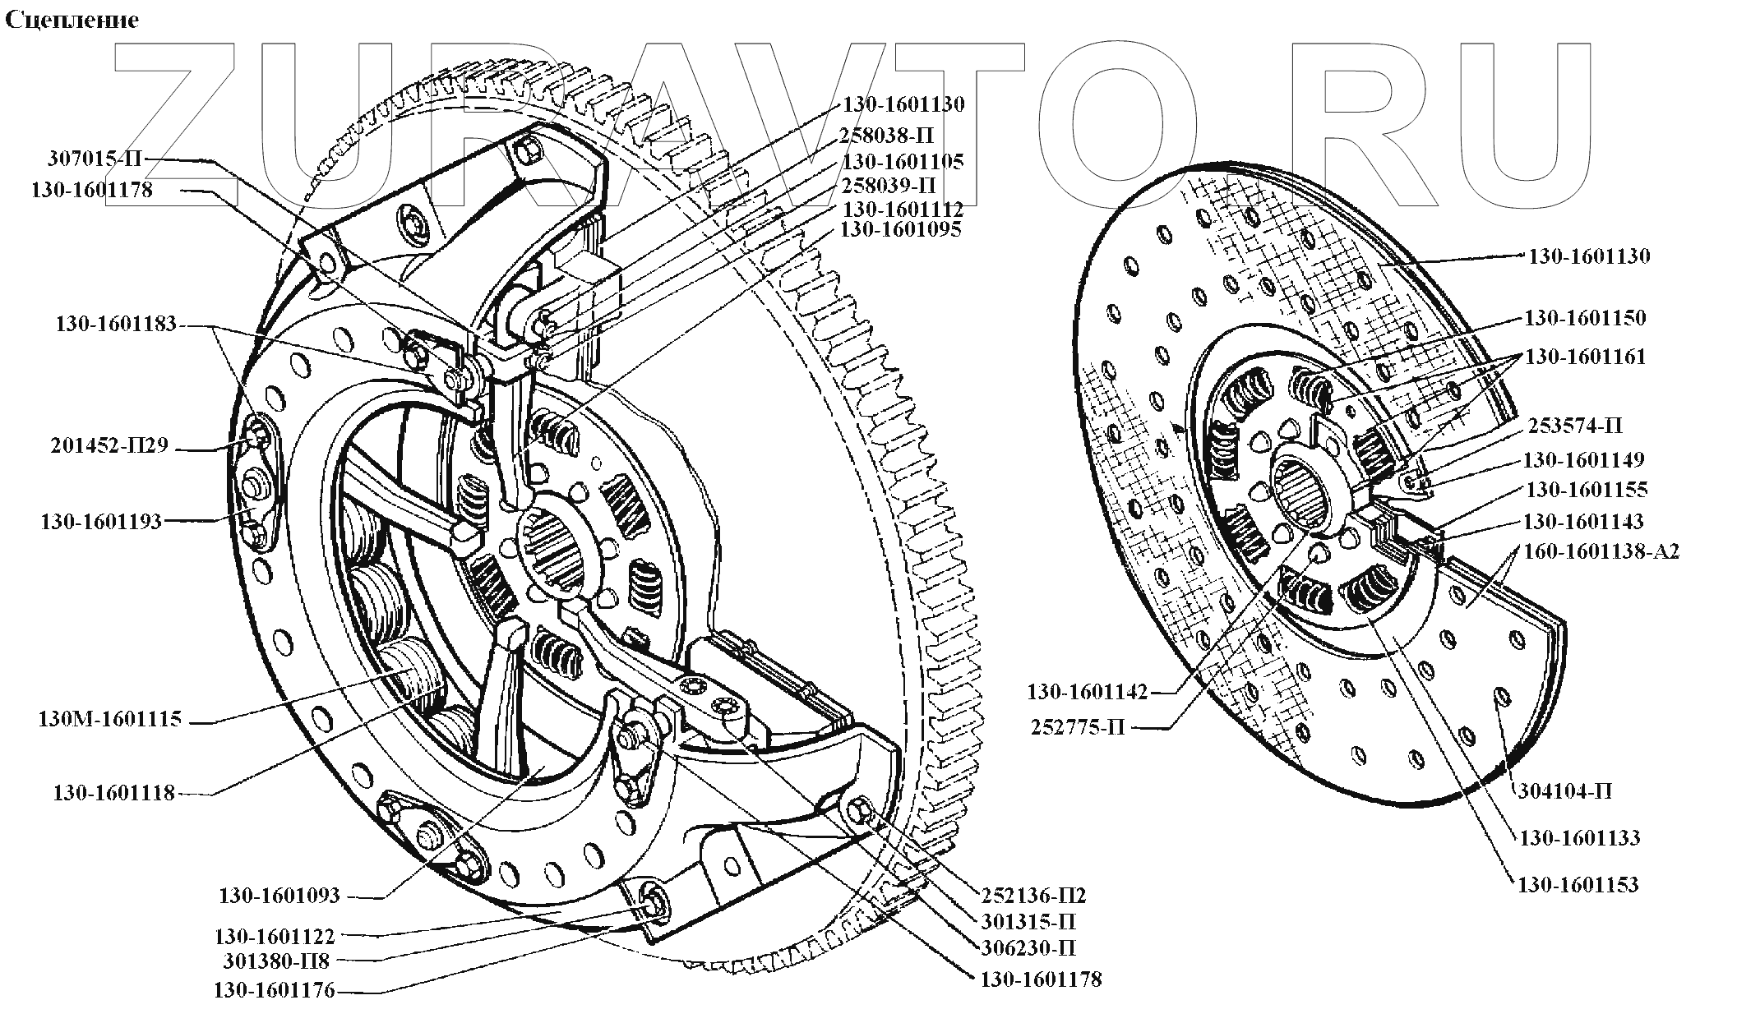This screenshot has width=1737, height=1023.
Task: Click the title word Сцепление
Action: pos(72,21)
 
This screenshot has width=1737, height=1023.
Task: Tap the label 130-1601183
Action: pos(116,324)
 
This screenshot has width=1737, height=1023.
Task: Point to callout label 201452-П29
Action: pos(109,446)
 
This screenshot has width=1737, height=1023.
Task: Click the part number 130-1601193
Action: pos(101,522)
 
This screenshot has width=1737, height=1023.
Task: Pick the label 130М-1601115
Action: pos(109,720)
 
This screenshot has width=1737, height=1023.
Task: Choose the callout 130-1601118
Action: pos(113,793)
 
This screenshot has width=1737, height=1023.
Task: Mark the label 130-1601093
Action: pos(279,896)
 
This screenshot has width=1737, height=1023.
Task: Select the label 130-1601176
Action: pos(274,991)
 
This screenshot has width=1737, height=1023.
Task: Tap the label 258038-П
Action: pos(886,135)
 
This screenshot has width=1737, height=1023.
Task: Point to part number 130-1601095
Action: pos(900,229)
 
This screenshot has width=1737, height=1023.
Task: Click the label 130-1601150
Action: pos(1585,318)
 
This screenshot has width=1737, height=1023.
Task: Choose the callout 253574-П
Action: pos(1575,426)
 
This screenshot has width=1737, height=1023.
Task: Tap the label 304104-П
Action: pos(1564,791)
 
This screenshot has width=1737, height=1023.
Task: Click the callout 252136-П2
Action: pos(1034,895)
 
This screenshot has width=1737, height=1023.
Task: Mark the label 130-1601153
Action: pos(1578,885)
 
